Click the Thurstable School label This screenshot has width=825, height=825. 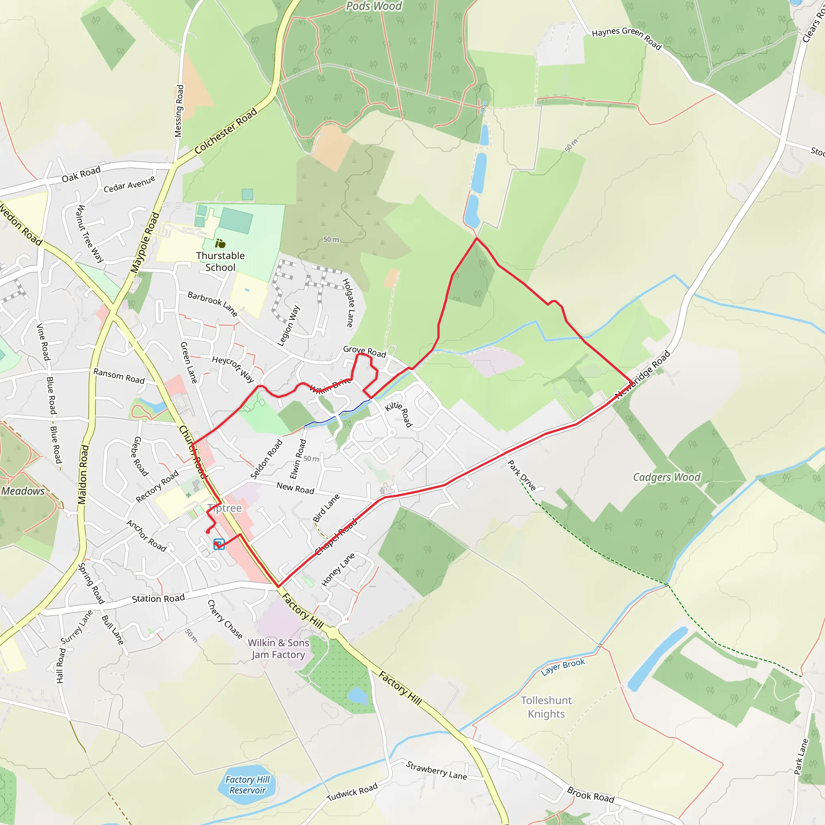[220, 261]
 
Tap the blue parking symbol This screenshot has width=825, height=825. [219, 544]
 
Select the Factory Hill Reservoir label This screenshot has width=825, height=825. [248, 785]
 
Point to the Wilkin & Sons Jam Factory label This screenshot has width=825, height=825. [278, 649]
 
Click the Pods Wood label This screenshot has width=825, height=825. [374, 6]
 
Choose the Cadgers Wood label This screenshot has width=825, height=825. [667, 477]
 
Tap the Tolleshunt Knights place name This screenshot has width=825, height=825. [546, 707]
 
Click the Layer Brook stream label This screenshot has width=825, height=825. [563, 667]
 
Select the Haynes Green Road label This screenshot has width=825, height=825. [626, 38]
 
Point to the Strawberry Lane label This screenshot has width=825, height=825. [436, 770]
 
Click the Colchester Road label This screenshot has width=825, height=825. [226, 130]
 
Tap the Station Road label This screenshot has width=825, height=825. [158, 599]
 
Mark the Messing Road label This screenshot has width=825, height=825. [180, 111]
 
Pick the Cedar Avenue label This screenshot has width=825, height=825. [129, 184]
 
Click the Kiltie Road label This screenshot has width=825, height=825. [399, 414]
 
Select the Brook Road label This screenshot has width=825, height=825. [591, 795]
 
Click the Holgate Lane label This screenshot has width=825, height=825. [348, 303]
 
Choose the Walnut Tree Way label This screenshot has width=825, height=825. [89, 233]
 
